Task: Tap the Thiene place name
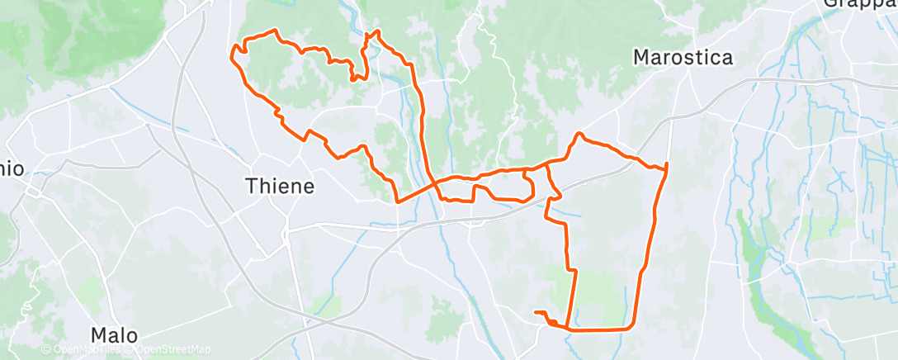pyautogui.click(x=281, y=187)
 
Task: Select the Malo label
pyautogui.click(x=114, y=335)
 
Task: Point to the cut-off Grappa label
pyautogui.click(x=859, y=4)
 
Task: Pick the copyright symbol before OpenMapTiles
pyautogui.click(x=46, y=350)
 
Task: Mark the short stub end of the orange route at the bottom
pyautogui.click(x=536, y=312)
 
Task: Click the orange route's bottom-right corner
pyautogui.click(x=632, y=327)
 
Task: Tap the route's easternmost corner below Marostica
pyautogui.click(x=665, y=166)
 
